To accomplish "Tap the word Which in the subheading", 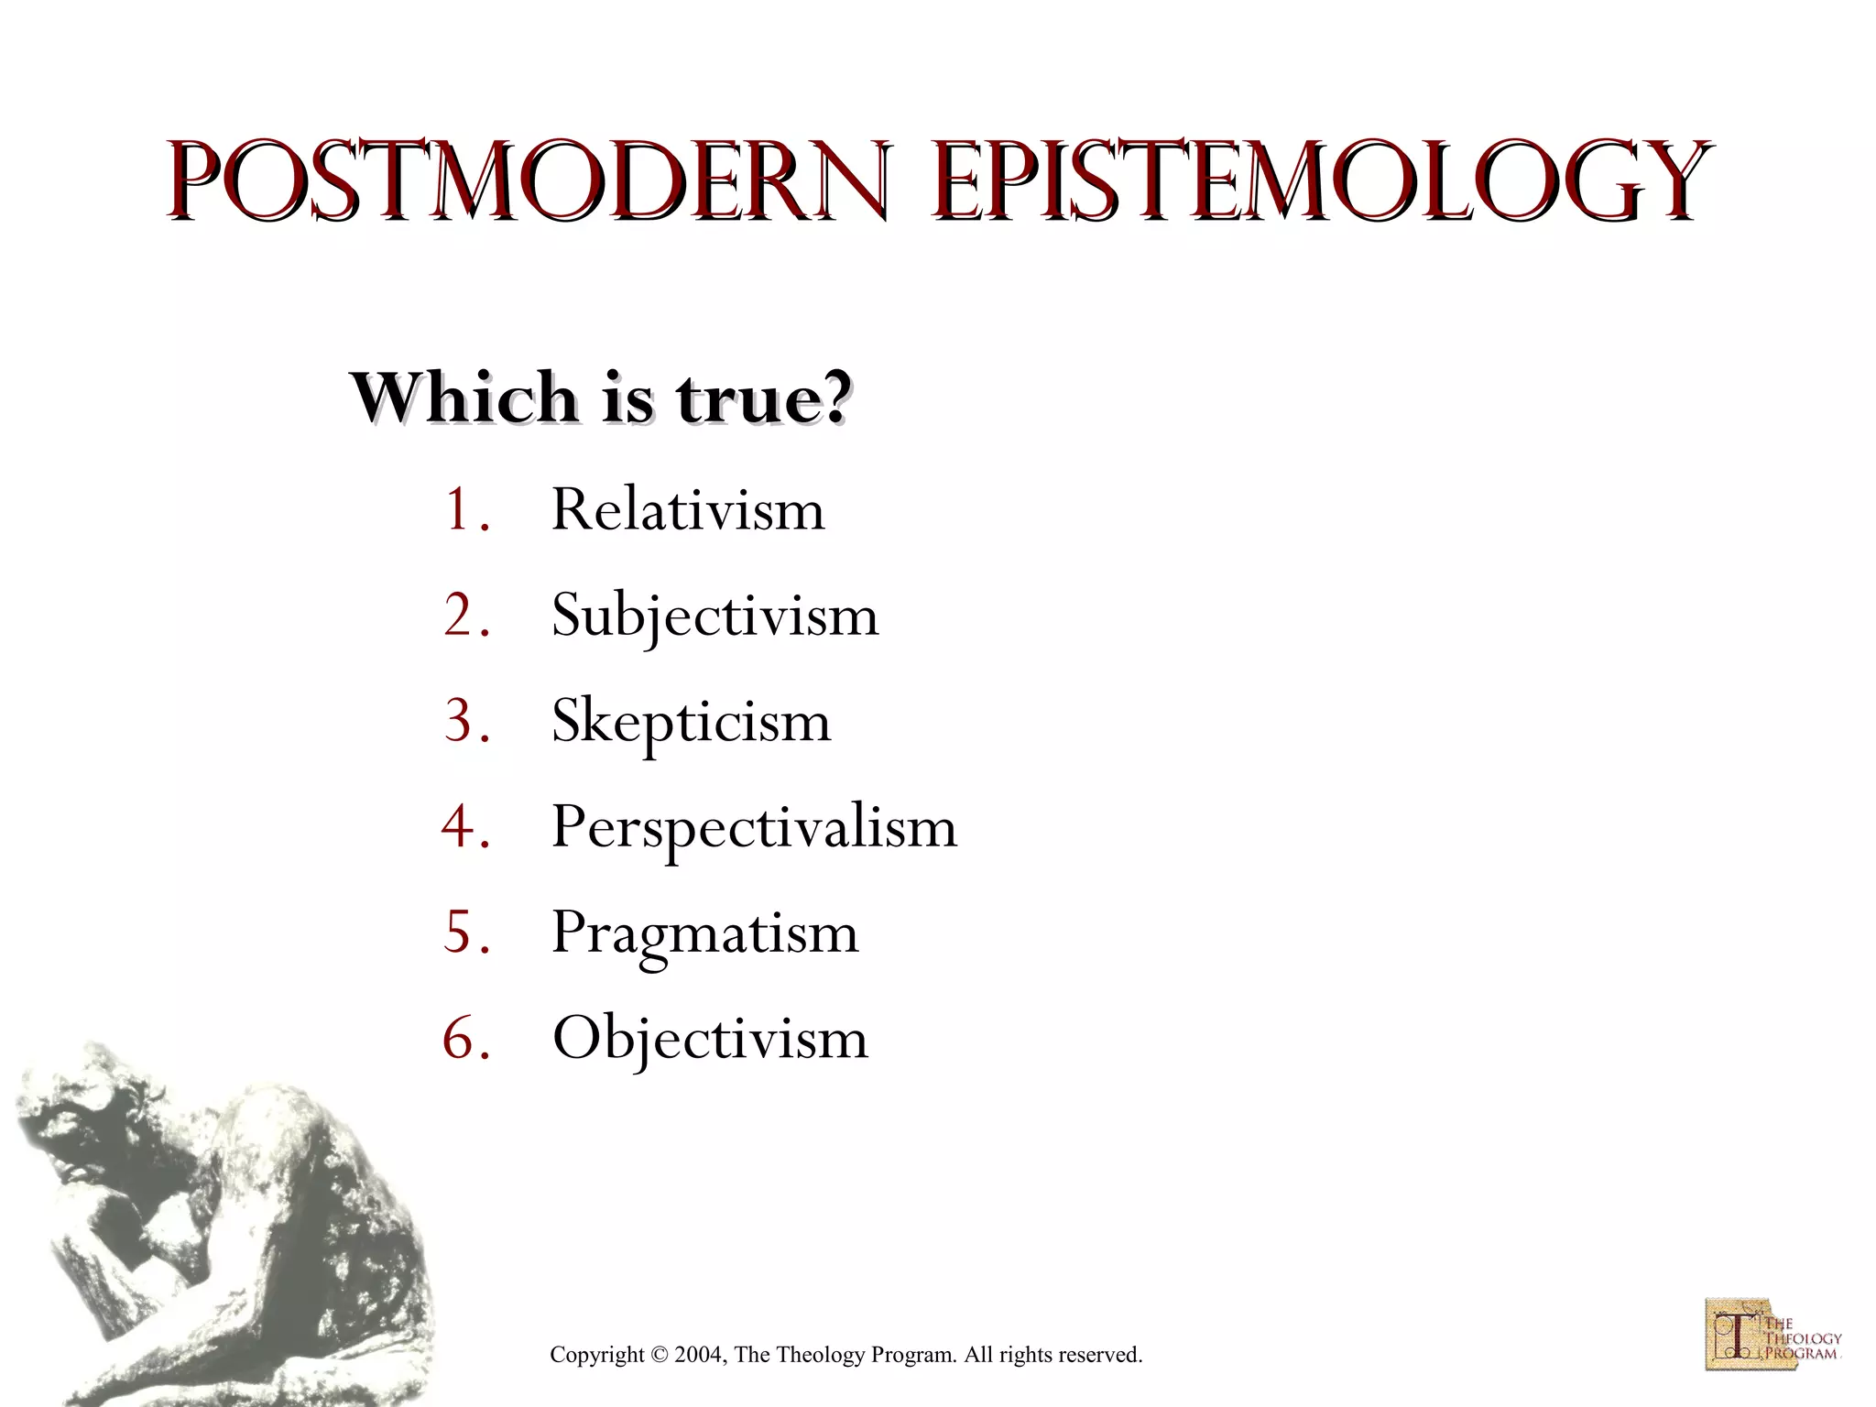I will [463, 398].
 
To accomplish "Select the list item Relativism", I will [687, 509].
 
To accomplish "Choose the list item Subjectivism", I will [714, 616].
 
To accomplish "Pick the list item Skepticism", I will [691, 722].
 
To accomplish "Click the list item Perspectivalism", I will [753, 827].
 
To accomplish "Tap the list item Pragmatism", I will [704, 933].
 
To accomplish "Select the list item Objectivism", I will [710, 1039].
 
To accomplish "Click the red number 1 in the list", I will [458, 510].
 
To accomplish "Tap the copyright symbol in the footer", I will [660, 1355].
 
